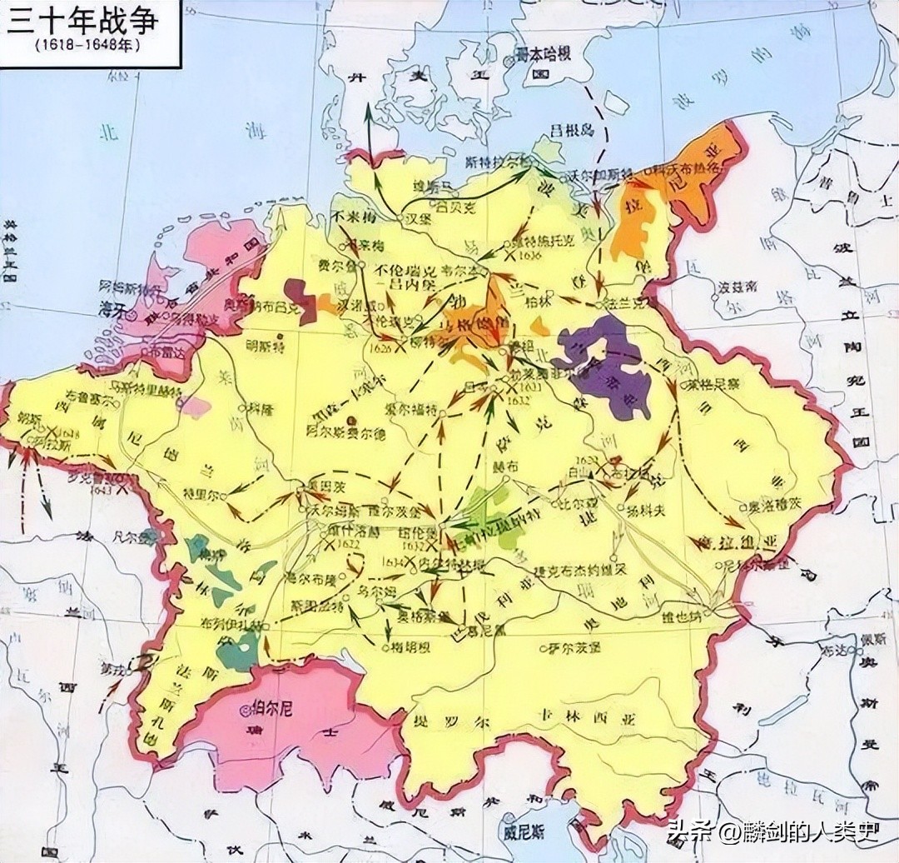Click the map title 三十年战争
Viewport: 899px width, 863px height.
point(81,22)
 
